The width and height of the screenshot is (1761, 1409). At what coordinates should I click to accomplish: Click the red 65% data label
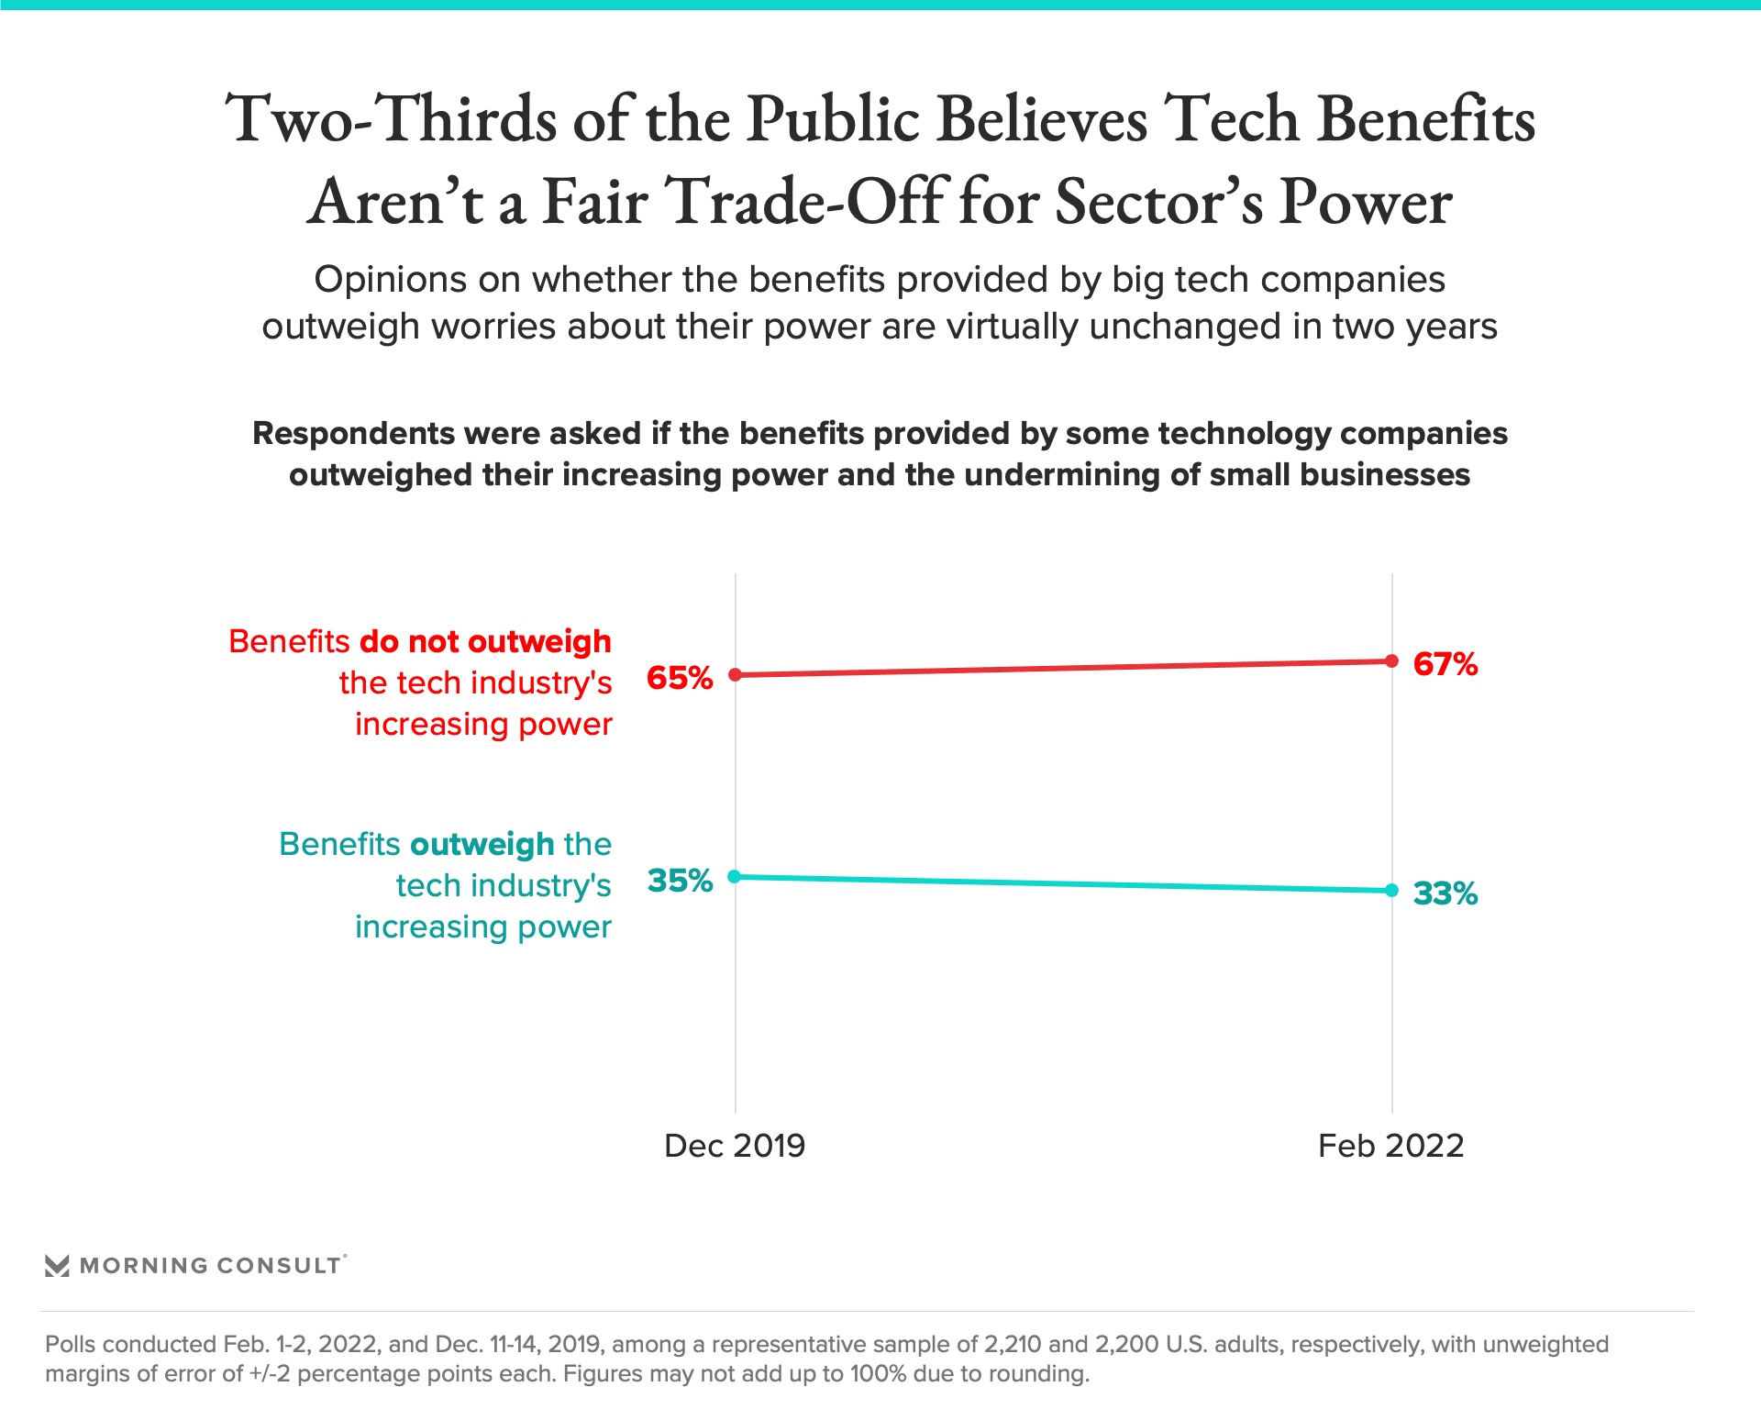pyautogui.click(x=680, y=678)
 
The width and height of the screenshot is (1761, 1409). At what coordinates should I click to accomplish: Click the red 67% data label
pyautogui.click(x=1445, y=664)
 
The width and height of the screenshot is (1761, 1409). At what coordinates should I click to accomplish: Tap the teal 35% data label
pyautogui.click(x=680, y=881)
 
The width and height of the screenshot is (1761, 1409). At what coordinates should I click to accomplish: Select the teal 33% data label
pyautogui.click(x=1445, y=893)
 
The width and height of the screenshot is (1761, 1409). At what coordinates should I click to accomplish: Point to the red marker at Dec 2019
pyautogui.click(x=735, y=675)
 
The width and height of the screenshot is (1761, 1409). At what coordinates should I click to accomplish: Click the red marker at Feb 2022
pyautogui.click(x=1391, y=661)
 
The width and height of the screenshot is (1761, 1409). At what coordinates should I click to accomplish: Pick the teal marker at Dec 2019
pyautogui.click(x=735, y=877)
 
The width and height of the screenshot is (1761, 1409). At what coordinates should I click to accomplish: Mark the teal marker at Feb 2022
pyautogui.click(x=1391, y=891)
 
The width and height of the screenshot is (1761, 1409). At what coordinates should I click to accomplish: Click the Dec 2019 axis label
pyautogui.click(x=735, y=1146)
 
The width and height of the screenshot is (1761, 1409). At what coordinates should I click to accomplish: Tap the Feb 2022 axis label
pyautogui.click(x=1390, y=1146)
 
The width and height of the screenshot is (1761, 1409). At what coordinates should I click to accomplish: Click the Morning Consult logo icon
pyautogui.click(x=57, y=1266)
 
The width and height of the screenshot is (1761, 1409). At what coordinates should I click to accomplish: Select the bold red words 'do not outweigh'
pyautogui.click(x=485, y=641)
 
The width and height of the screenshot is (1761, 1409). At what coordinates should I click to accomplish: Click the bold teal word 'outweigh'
pyautogui.click(x=482, y=844)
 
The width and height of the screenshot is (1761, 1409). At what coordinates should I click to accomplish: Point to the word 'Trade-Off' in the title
pyautogui.click(x=805, y=202)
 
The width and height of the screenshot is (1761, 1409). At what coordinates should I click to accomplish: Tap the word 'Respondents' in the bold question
pyautogui.click(x=354, y=433)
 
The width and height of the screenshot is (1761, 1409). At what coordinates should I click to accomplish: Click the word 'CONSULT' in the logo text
pyautogui.click(x=279, y=1266)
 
